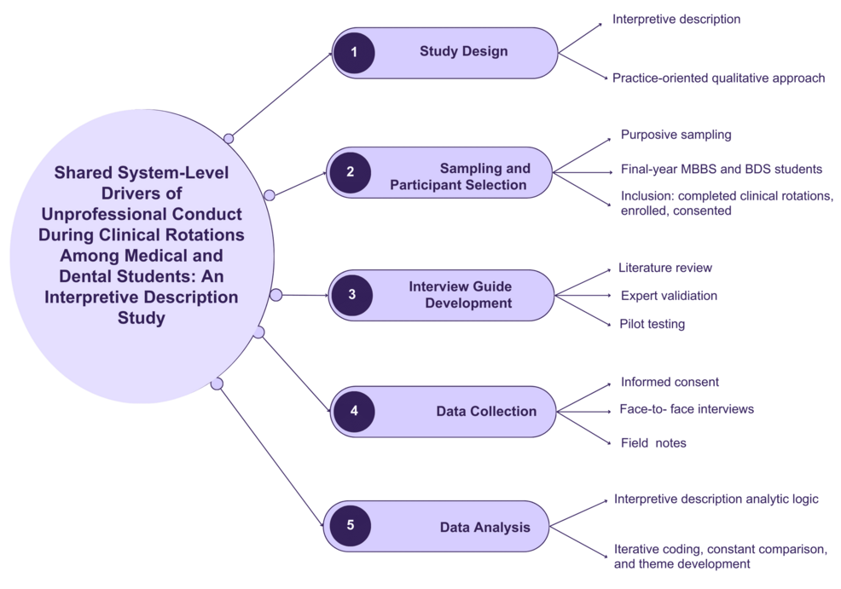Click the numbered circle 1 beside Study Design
[353, 53]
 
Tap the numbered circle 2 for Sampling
[350, 172]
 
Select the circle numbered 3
[351, 296]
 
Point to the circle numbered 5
[350, 526]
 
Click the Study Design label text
[463, 52]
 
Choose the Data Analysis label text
[484, 527]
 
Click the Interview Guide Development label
[460, 295]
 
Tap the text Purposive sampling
[676, 135]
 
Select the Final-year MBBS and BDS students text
[721, 169]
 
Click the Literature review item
[664, 268]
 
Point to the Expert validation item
[669, 296]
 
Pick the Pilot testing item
[652, 324]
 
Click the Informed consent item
[670, 382]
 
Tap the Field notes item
[652, 442]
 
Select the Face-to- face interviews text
[687, 409]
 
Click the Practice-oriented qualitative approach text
[718, 78]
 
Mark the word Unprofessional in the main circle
[105, 214]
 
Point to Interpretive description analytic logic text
[716, 499]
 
